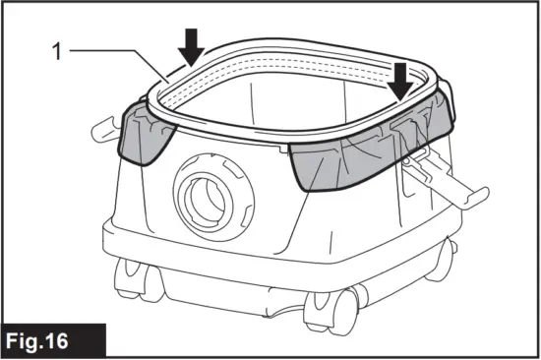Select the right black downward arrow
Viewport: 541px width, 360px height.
399,79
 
